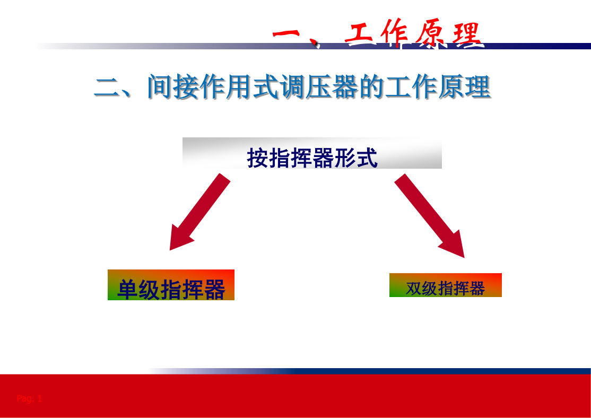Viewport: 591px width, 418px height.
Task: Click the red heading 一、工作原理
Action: [378, 33]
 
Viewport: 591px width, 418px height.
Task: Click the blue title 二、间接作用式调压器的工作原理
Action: [292, 86]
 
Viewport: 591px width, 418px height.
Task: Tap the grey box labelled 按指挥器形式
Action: [312, 153]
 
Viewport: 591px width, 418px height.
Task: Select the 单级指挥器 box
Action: [171, 285]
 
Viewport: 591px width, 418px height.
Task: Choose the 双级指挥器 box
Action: [446, 285]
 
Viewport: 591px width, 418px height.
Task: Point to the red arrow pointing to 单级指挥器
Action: [200, 212]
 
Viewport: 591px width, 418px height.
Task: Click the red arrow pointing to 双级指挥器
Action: [429, 215]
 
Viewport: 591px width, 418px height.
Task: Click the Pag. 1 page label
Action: [29, 398]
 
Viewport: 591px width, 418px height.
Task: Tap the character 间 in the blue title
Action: [160, 86]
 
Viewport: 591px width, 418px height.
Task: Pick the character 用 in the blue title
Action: [239, 86]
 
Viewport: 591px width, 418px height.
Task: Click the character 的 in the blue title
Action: [372, 86]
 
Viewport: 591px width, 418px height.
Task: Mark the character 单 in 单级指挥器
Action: [127, 289]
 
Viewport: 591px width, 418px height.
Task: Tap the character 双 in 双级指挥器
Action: [413, 289]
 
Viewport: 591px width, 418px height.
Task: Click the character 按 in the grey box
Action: [258, 158]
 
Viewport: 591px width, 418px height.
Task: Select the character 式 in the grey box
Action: [367, 158]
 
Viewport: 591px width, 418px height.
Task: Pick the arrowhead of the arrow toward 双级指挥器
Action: [454, 245]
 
